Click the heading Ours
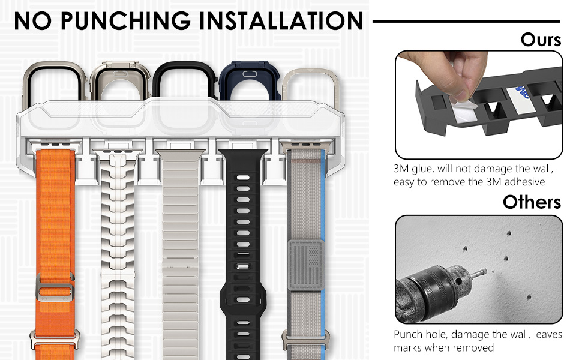pos(541,40)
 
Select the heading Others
pos(532,202)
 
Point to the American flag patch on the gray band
pos(305,263)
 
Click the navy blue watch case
pos(245,84)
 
